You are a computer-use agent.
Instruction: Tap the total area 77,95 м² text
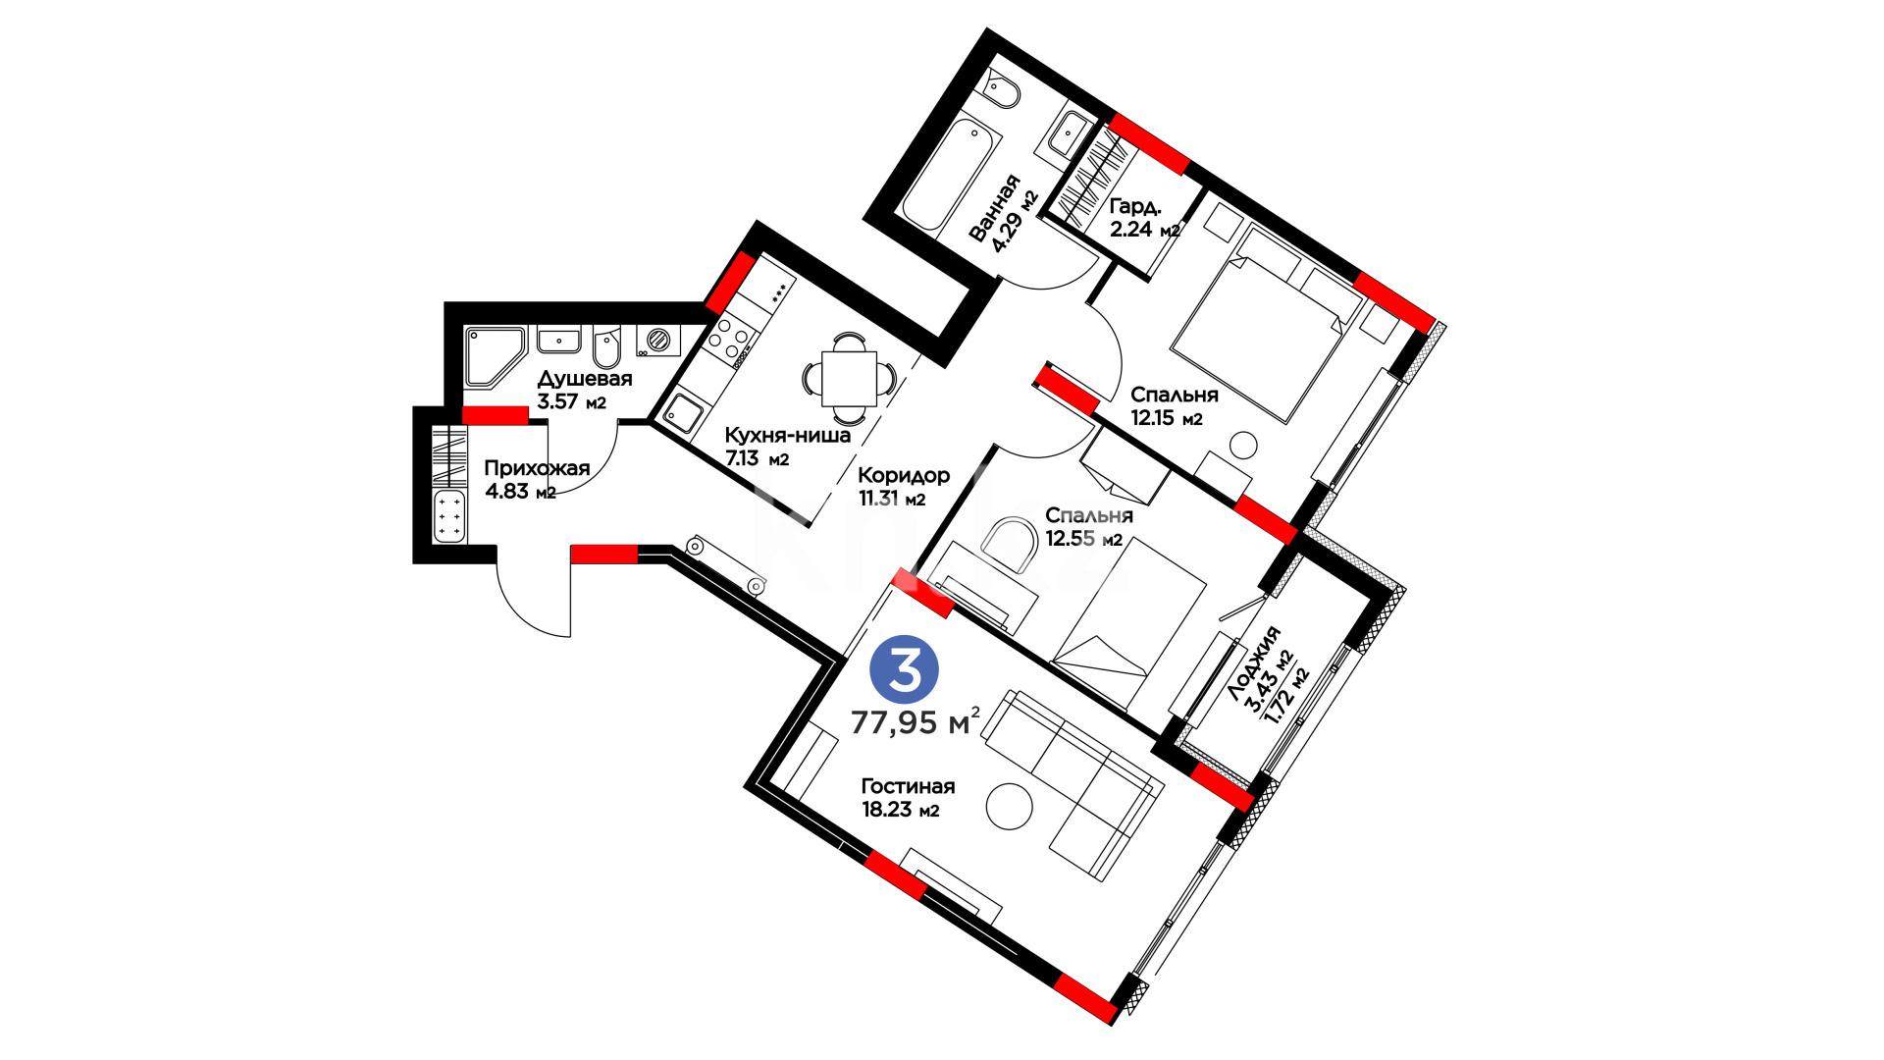click(x=915, y=722)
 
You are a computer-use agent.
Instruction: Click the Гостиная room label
click(x=908, y=786)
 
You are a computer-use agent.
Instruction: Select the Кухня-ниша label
click(x=787, y=435)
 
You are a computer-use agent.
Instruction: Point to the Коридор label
click(x=904, y=476)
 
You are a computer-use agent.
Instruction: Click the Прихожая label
click(x=537, y=468)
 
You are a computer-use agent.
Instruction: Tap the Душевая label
click(x=585, y=379)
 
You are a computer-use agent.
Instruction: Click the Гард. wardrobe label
click(x=1135, y=207)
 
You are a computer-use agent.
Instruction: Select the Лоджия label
click(x=1255, y=662)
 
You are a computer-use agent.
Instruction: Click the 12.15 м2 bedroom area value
click(x=1166, y=418)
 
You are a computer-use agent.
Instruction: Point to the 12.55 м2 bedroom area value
click(x=1083, y=539)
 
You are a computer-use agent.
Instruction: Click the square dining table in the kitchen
click(x=849, y=378)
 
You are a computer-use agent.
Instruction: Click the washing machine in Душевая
click(x=658, y=341)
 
